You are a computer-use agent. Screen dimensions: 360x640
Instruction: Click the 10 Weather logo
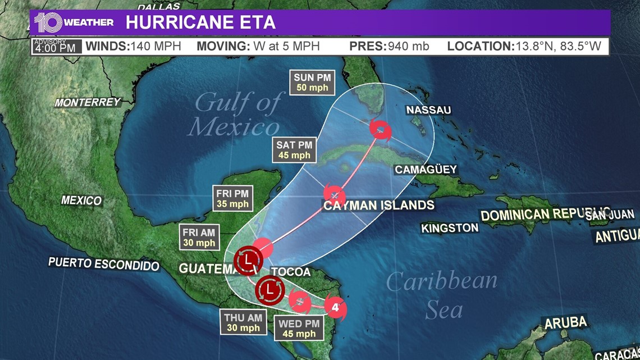73,22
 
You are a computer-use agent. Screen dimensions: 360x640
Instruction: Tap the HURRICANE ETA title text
200,22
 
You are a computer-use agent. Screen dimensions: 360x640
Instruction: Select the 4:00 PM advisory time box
54,46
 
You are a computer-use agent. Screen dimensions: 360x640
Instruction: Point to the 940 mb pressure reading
408,46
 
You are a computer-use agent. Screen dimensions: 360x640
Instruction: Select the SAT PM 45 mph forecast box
293,150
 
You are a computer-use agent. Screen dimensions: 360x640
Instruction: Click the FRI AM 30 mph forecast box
199,237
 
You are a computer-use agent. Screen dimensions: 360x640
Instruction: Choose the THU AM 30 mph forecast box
243,322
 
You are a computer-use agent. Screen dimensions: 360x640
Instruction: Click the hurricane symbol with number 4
335,308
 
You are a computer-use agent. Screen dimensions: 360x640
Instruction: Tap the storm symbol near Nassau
381,130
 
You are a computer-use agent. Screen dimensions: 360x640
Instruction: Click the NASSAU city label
429,110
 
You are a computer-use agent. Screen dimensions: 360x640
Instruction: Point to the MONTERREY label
88,102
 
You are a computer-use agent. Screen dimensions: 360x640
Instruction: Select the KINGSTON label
450,227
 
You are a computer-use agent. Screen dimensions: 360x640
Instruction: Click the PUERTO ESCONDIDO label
104,264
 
